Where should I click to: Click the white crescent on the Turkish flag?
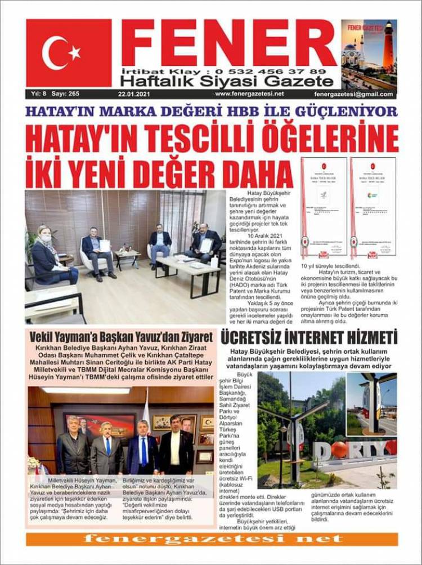click(53, 52)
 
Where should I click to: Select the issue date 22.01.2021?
click(133, 94)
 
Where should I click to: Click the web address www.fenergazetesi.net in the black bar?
click(249, 94)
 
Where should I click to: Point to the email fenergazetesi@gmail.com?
click(354, 94)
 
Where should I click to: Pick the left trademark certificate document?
click(324, 207)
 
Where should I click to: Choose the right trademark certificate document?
click(373, 207)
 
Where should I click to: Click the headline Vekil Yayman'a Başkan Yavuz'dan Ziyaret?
click(121, 337)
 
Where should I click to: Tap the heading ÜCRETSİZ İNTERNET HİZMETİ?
click(309, 337)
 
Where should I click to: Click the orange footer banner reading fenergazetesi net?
click(212, 539)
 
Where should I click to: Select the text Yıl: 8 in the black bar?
click(38, 94)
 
